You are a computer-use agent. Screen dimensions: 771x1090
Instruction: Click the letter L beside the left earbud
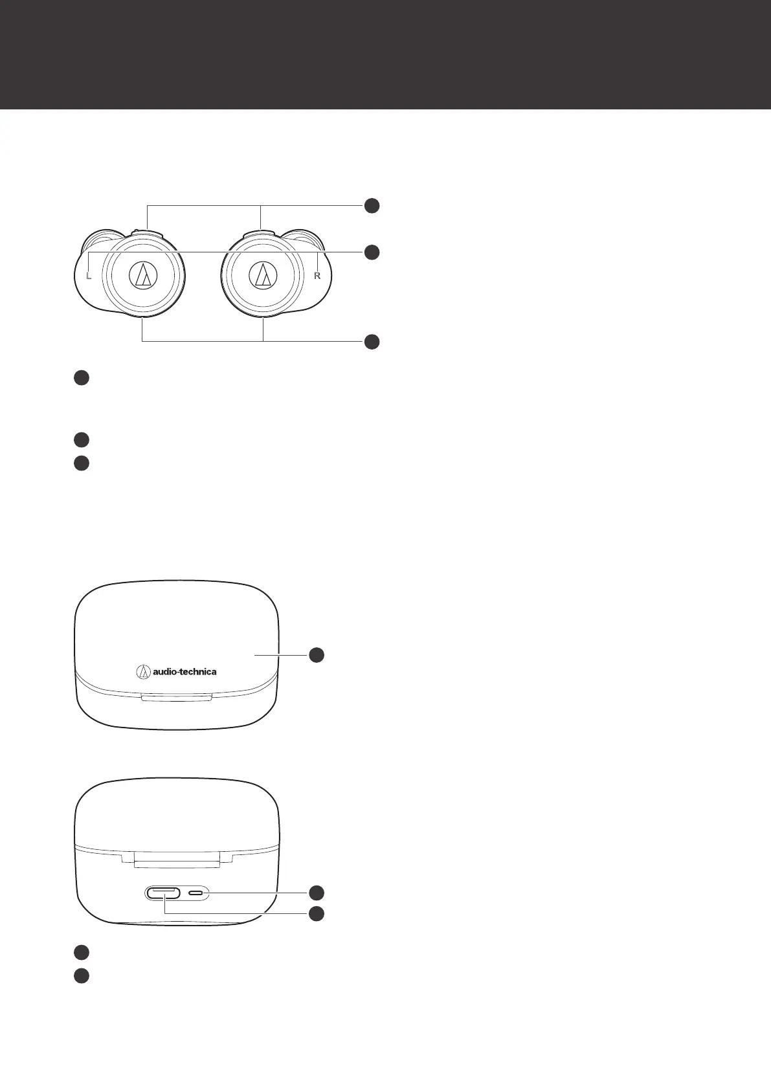pyautogui.click(x=89, y=276)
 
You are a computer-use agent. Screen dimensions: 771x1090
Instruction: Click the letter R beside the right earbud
pyautogui.click(x=317, y=276)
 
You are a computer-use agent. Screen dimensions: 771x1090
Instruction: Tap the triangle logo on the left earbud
pyautogui.click(x=143, y=276)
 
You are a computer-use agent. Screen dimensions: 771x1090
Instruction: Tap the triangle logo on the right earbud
pyautogui.click(x=263, y=276)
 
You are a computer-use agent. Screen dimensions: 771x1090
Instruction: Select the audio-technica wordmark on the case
pyautogui.click(x=184, y=672)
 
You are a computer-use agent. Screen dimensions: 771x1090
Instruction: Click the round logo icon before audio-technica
pyautogui.click(x=144, y=672)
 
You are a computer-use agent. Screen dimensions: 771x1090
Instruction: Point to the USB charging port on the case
pyautogui.click(x=163, y=893)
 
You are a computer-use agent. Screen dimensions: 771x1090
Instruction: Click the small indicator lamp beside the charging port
pyautogui.click(x=196, y=893)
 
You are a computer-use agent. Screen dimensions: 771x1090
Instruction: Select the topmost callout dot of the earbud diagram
pyautogui.click(x=371, y=206)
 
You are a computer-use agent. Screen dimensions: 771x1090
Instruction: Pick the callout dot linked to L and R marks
pyautogui.click(x=371, y=252)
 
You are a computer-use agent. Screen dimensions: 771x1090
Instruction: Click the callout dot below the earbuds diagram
pyautogui.click(x=371, y=342)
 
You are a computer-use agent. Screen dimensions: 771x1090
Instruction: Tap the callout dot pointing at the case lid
pyautogui.click(x=316, y=655)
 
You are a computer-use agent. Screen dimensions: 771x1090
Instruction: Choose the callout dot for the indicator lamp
pyautogui.click(x=316, y=893)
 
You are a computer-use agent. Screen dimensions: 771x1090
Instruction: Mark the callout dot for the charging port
pyautogui.click(x=316, y=913)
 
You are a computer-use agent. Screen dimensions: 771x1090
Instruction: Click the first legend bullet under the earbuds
pyautogui.click(x=81, y=378)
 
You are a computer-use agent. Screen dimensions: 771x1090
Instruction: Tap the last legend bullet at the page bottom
pyautogui.click(x=81, y=975)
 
